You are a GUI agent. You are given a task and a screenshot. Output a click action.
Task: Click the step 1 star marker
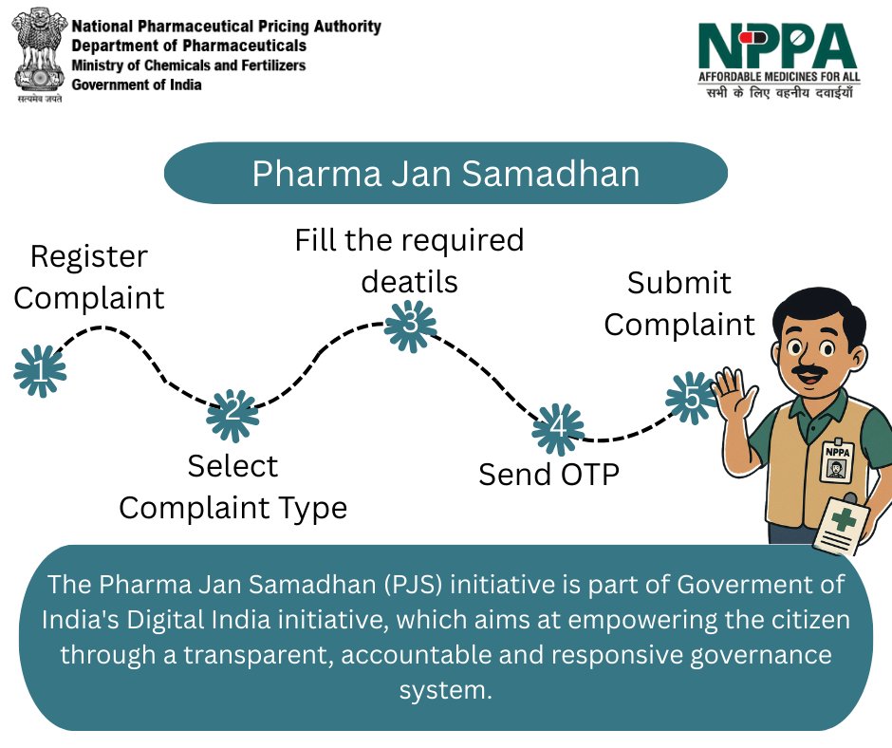[x=40, y=370]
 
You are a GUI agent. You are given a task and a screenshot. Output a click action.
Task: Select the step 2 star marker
[x=233, y=414]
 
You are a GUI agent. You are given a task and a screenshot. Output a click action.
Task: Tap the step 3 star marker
[x=411, y=324]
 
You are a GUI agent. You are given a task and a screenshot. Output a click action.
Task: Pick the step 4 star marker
[x=558, y=429]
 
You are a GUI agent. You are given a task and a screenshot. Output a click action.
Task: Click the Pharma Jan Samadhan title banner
[x=445, y=174]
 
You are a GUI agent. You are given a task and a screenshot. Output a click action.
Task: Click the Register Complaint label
[x=89, y=277]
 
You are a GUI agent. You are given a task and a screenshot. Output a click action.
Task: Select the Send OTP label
[x=548, y=474]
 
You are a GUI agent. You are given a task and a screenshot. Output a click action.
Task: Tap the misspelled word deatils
[x=409, y=282]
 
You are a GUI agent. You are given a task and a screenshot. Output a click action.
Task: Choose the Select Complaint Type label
[x=232, y=487]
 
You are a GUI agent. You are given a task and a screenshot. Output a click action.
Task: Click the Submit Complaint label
[x=679, y=304]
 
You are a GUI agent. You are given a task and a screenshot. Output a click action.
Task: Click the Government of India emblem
[x=39, y=55]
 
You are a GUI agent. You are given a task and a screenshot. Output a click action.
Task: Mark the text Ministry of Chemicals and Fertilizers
[x=190, y=65]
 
